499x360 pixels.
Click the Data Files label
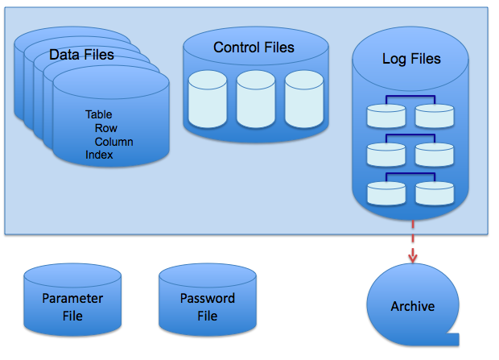point(81,55)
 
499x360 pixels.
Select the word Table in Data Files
point(98,114)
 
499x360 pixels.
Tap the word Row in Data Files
point(106,128)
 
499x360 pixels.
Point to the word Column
point(113,142)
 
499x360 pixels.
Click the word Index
point(99,155)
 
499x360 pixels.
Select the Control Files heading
point(254,48)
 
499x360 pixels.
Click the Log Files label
point(410,59)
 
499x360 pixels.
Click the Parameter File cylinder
point(72,304)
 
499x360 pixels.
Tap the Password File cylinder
point(207,304)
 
